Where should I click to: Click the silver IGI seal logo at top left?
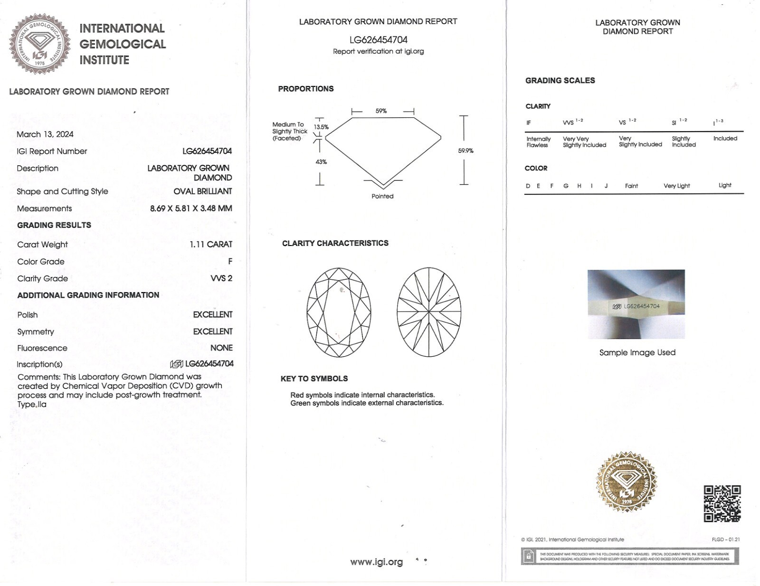40,44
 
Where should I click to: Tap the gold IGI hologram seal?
627,482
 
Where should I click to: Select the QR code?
722,503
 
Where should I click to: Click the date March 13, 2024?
45,134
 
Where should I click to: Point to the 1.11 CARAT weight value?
211,245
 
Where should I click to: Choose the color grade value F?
230,262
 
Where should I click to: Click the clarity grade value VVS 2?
221,278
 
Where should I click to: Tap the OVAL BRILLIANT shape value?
203,191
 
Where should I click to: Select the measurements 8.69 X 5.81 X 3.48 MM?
191,208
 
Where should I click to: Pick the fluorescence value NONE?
221,348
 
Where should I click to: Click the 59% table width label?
381,111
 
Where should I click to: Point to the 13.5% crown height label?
321,127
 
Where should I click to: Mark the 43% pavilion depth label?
321,162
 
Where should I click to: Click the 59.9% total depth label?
465,151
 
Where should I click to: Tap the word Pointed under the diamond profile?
382,196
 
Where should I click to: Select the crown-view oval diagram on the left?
339,312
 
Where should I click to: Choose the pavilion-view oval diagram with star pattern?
429,312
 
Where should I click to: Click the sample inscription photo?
636,304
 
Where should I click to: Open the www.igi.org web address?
377,562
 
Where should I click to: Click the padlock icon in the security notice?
528,556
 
